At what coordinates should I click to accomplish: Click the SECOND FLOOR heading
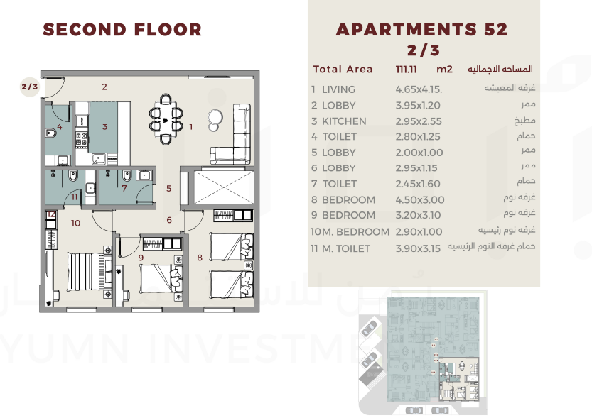pos(122,30)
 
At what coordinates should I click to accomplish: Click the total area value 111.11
pos(406,70)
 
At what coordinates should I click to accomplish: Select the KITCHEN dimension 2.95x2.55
pos(419,121)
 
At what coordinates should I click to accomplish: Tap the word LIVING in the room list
pos(338,89)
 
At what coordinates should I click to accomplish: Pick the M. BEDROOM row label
pos(355,232)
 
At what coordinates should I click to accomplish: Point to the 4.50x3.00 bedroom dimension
pos(420,199)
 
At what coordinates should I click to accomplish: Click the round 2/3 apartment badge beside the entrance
pos(30,87)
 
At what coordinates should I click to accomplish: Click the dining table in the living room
pos(166,119)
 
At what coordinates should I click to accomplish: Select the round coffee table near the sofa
pos(215,120)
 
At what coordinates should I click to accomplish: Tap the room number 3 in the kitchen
pos(104,127)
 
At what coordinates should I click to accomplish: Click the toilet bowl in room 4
pos(50,133)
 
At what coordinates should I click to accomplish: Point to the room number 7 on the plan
pos(124,188)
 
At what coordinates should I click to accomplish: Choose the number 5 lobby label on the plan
pos(168,188)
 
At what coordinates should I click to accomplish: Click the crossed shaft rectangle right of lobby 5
pos(224,187)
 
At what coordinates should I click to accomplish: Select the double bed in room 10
pos(90,272)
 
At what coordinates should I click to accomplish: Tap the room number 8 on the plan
pos(200,258)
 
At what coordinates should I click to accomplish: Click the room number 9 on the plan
pos(141,258)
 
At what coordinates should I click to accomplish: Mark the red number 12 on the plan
pos(51,214)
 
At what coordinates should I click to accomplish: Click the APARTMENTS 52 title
pos(421,29)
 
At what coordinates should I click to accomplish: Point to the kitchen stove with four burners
pos(82,140)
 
